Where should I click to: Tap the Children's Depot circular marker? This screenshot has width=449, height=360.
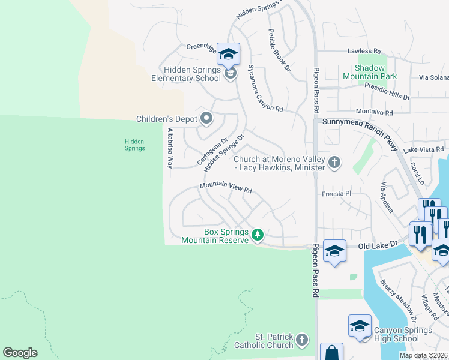[206, 118]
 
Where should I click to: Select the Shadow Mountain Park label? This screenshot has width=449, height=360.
[370, 72]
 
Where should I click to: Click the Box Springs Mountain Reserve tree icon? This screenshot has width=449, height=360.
[258, 233]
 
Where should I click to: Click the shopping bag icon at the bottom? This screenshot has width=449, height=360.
[331, 353]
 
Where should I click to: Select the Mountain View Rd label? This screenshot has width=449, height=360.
[225, 188]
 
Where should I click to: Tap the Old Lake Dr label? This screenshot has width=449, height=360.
[378, 245]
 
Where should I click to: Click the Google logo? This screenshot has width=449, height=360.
[20, 353]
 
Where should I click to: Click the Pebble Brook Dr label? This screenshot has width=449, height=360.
[279, 51]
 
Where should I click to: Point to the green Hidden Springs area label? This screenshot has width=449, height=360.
[134, 145]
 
